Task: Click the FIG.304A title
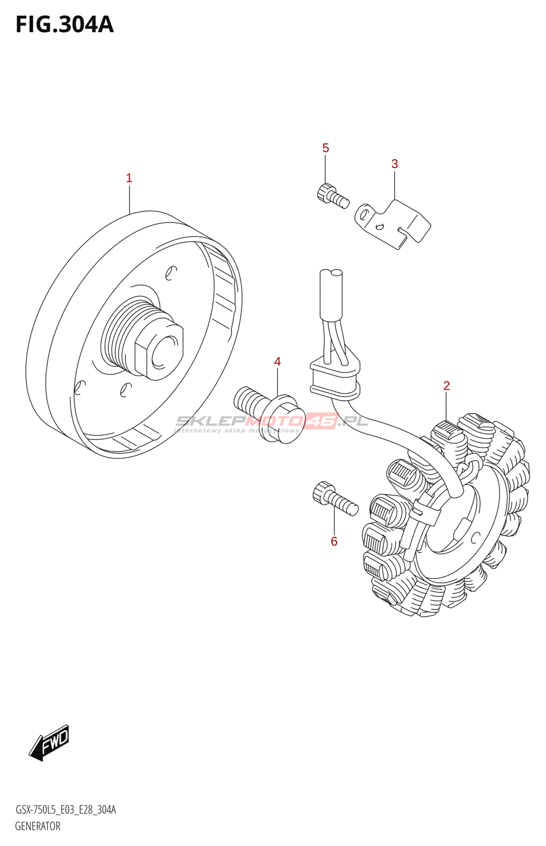[65, 25]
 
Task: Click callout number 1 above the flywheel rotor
[129, 178]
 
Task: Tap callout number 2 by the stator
[447, 386]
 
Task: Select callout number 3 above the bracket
[395, 164]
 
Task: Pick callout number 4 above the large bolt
[278, 362]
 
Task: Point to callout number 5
[326, 148]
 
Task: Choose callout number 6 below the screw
[334, 541]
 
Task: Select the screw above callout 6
[335, 499]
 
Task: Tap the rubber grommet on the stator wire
[335, 376]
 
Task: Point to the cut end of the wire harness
[331, 274]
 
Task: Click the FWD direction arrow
[49, 742]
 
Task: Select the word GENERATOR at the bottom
[38, 826]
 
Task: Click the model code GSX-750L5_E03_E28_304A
[66, 810]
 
